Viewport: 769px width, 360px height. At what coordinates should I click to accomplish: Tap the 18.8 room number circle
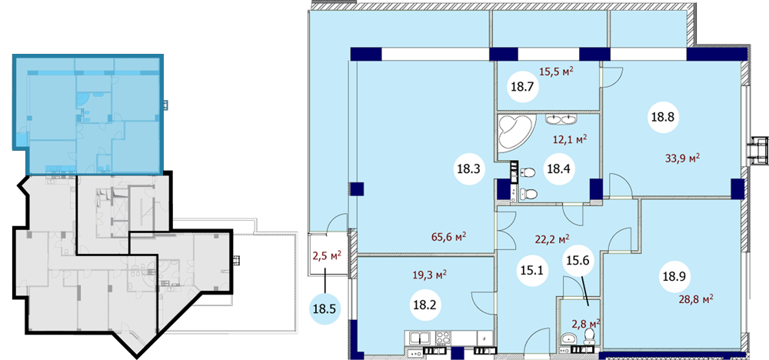(664, 117)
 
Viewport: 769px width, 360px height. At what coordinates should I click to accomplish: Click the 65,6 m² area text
(448, 237)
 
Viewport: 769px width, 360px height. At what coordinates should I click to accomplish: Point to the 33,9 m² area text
(681, 158)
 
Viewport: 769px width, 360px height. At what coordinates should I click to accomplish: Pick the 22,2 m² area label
(551, 239)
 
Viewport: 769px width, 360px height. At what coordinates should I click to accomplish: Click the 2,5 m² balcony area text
(327, 255)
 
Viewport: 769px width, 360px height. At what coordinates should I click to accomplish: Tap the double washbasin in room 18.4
(561, 118)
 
